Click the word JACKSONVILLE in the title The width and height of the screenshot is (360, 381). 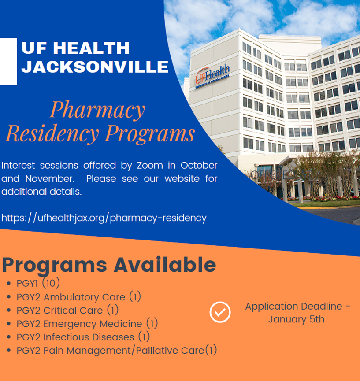click(95, 67)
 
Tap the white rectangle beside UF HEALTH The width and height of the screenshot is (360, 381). click(8, 61)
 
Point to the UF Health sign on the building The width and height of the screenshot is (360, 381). click(212, 77)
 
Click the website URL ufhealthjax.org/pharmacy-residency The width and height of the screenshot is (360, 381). click(104, 218)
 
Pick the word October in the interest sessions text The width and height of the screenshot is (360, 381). click(199, 166)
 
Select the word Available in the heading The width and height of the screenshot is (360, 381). click(165, 265)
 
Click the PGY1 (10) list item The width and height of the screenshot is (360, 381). click(38, 283)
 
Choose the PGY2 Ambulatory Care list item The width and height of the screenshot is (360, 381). click(78, 297)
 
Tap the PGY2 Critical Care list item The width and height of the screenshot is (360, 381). click(67, 311)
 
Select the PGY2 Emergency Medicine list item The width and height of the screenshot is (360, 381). click(87, 324)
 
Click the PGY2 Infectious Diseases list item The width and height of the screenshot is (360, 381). click(83, 337)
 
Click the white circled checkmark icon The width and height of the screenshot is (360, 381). click(220, 312)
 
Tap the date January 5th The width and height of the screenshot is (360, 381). click(296, 319)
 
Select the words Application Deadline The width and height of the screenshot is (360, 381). click(293, 306)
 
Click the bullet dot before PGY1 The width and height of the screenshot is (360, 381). click(9, 284)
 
